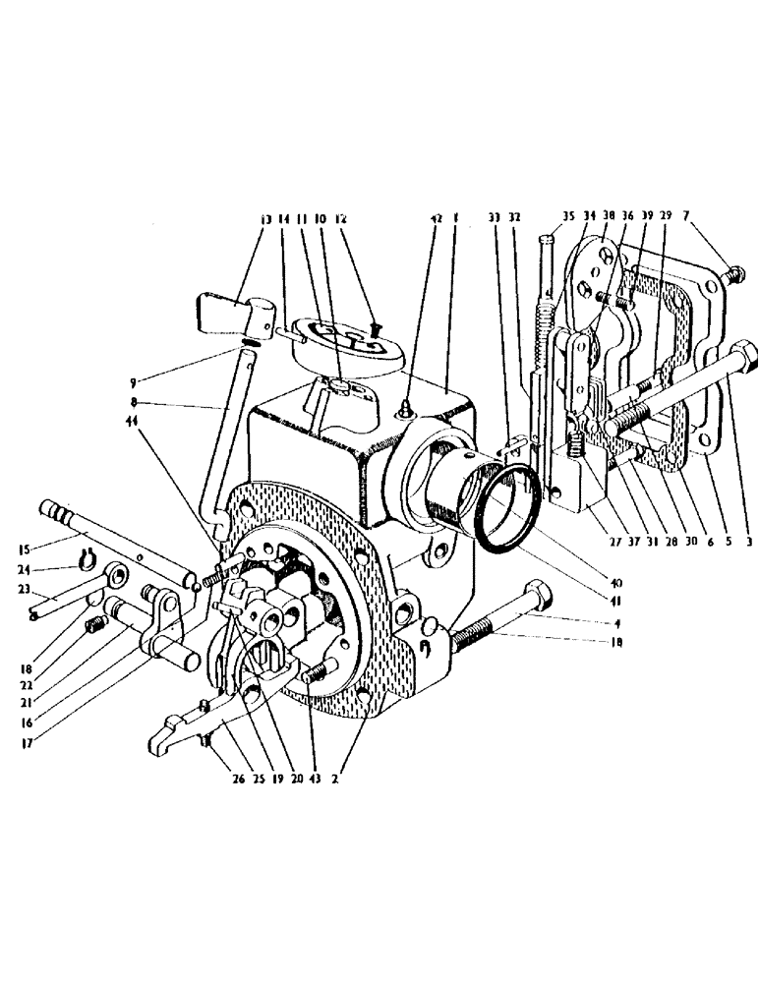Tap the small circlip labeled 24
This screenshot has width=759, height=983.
86,564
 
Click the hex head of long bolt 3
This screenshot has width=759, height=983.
743,355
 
